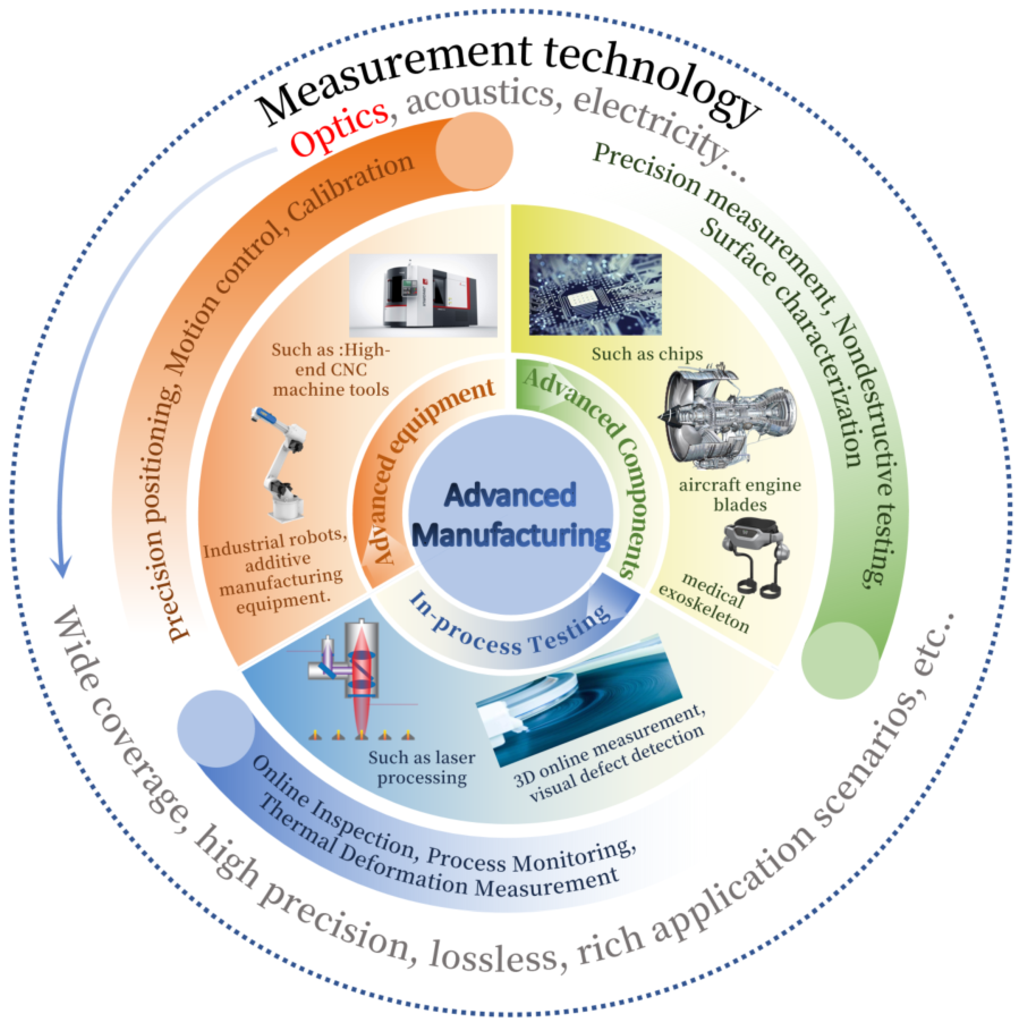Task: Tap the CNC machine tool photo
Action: click(423, 295)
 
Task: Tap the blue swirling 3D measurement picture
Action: click(579, 701)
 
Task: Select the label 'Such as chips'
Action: click(647, 354)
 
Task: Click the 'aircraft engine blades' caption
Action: click(740, 494)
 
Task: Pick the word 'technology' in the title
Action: click(650, 77)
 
